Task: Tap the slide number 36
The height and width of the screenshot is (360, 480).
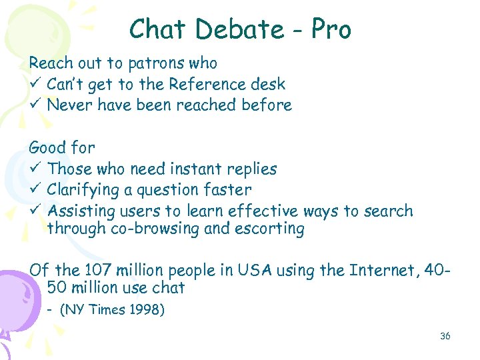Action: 445,336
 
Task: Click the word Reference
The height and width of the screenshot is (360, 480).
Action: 203,84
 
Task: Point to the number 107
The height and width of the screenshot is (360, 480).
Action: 97,270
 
